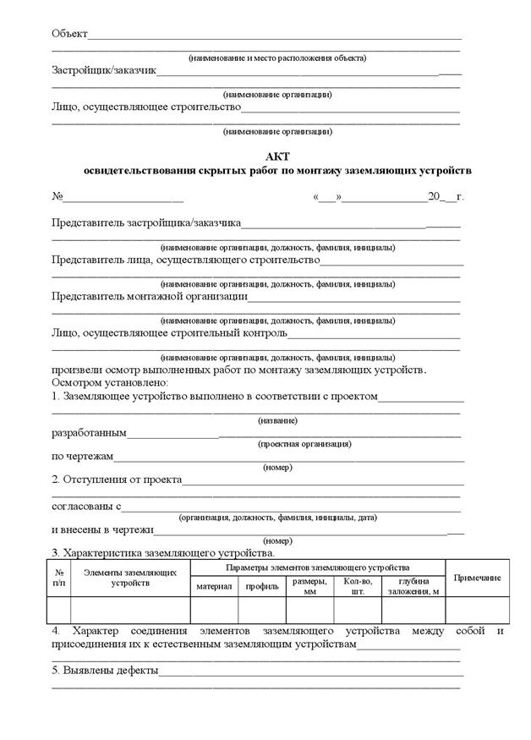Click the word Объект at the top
[x=69, y=34]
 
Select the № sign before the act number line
[x=58, y=197]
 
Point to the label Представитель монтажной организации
[x=149, y=297]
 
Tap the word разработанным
[x=89, y=433]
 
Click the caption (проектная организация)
[x=304, y=444]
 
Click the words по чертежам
[x=81, y=458]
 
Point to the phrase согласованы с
[x=86, y=507]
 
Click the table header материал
[x=214, y=586]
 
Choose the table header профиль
[x=262, y=586]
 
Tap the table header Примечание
[x=477, y=578]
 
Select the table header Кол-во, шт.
[x=358, y=586]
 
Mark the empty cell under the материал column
[x=214, y=610]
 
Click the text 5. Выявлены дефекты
[x=104, y=672]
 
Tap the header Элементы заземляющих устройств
[x=130, y=578]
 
